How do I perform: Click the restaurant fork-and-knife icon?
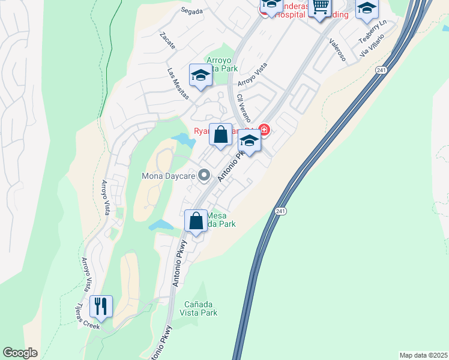101,307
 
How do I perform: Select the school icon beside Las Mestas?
200,76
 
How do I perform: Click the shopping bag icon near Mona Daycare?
220,134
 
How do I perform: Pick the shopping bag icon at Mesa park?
196,221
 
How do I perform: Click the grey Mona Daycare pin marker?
205,176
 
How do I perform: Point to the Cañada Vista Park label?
192,308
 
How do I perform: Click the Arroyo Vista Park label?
222,64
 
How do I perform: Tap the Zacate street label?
167,40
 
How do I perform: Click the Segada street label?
192,11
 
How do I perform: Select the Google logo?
20,353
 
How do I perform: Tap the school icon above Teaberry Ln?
367,8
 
